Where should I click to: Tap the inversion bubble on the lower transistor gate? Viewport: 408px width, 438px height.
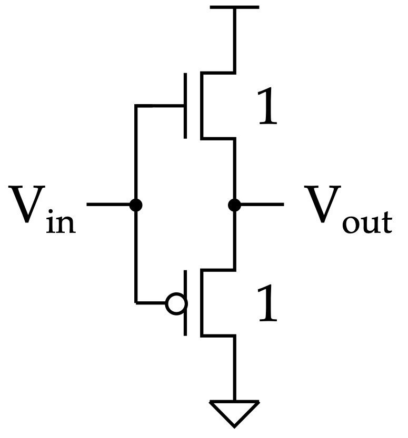(175, 303)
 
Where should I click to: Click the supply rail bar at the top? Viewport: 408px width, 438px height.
(234, 7)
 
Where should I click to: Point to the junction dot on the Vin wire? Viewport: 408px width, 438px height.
(136, 205)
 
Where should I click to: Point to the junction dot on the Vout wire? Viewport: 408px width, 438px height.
(234, 205)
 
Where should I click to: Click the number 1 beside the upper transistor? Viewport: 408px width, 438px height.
(267, 108)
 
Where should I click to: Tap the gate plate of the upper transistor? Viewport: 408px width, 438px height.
(185, 106)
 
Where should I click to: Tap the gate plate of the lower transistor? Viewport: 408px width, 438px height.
(185, 303)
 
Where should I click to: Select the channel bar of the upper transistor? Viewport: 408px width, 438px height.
(201, 106)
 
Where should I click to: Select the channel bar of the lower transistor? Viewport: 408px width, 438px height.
(201, 303)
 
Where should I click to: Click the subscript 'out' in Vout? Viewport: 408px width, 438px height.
(366, 223)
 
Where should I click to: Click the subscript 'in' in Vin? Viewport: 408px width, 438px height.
(61, 222)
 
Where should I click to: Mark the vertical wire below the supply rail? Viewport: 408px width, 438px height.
(234, 39)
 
